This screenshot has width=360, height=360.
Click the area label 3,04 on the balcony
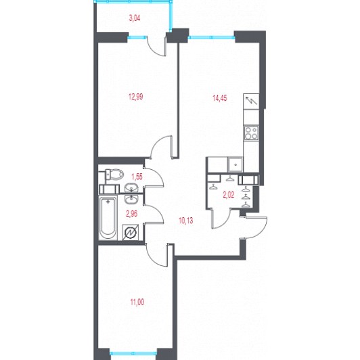pos(135,18)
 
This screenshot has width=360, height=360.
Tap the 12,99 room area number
pos(136,97)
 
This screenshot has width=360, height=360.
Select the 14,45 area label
pos(220,98)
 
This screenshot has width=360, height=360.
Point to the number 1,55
pos(137,177)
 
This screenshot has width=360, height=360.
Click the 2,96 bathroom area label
pos(132,214)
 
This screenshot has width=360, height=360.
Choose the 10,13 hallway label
pos(185,221)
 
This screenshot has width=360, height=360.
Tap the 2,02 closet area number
pos(229,195)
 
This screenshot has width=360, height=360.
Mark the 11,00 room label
pos(137,302)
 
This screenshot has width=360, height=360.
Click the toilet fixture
pos(114,175)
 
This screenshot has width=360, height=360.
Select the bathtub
pos(108,219)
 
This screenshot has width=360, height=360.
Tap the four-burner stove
pos(251,133)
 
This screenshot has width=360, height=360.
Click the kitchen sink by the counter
pos(235,164)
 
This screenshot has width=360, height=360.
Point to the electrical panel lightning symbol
pos(251,102)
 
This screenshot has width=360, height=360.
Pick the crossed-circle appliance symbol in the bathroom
pos(130,232)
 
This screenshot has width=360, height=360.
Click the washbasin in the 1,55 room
pos(131,188)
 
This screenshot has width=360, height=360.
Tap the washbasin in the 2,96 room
pos(131,199)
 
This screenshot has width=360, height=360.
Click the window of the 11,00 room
pos(133,353)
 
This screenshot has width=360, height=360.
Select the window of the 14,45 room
pos(212,37)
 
